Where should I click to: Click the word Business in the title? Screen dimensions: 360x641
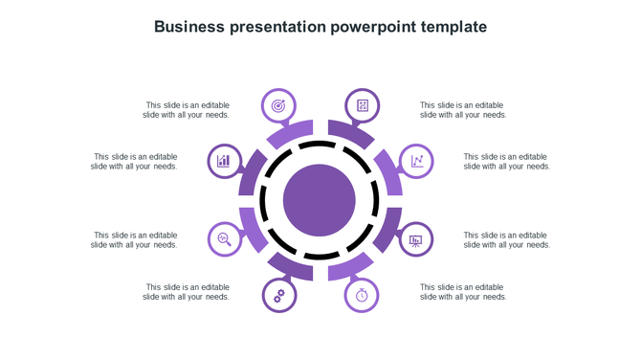[189, 27]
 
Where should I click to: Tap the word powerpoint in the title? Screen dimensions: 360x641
[370, 27]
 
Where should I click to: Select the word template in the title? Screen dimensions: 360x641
[452, 27]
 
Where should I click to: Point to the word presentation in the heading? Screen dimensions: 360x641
[276, 27]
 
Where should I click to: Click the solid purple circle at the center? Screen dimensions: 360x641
[320, 200]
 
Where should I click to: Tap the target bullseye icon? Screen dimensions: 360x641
[278, 105]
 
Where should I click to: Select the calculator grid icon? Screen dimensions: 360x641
[363, 105]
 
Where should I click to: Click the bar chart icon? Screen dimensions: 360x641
[224, 161]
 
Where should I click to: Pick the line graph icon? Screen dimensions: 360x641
[417, 161]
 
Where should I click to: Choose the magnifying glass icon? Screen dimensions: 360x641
[224, 239]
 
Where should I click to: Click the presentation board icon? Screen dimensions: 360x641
[416, 239]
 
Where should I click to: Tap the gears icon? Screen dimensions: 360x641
[278, 296]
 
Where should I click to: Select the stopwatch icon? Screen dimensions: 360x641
[362, 296]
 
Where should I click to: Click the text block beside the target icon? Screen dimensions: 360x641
[187, 110]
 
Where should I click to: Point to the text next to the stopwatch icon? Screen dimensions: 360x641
[463, 292]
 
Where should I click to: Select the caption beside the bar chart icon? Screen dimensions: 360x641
[135, 161]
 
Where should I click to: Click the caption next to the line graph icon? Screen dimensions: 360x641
[506, 161]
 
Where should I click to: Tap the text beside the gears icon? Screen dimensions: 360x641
[187, 292]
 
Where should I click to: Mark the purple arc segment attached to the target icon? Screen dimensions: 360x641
[291, 133]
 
